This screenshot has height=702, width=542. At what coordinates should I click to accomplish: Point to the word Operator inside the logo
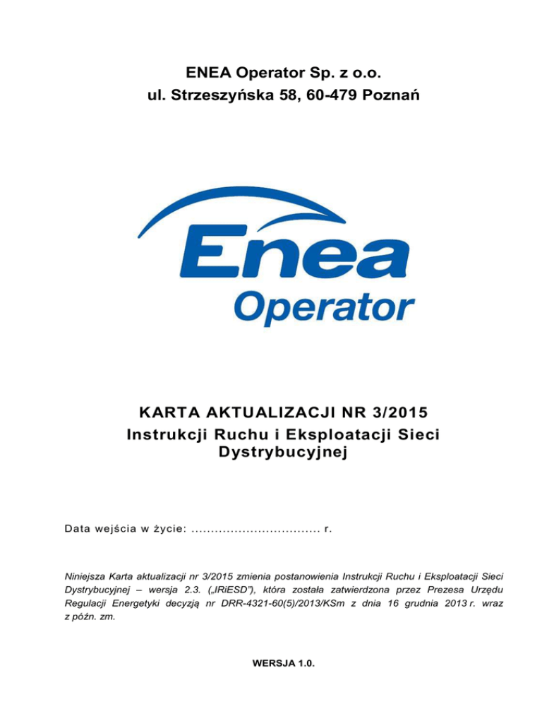pyautogui.click(x=324, y=310)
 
